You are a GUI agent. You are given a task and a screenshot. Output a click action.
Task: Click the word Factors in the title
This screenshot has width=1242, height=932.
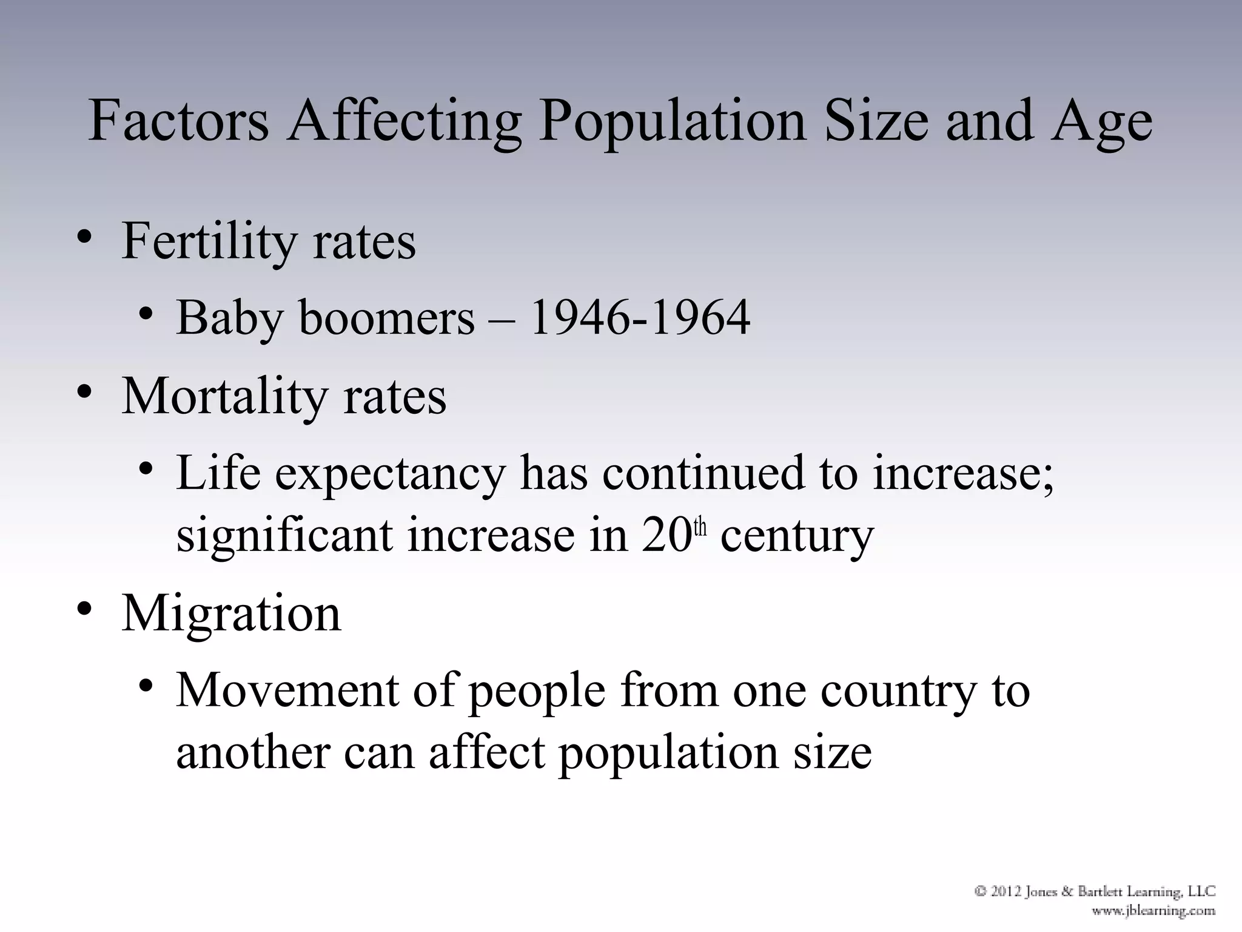178,121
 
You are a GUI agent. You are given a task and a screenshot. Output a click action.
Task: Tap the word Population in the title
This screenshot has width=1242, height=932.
672,121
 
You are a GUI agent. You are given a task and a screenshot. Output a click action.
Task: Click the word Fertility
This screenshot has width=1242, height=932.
209,242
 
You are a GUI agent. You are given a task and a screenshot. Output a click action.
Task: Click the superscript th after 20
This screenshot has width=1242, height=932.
700,527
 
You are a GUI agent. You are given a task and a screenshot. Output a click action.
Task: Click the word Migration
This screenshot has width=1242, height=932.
231,613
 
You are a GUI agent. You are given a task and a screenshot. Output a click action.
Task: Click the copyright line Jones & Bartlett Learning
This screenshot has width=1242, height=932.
1095,891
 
